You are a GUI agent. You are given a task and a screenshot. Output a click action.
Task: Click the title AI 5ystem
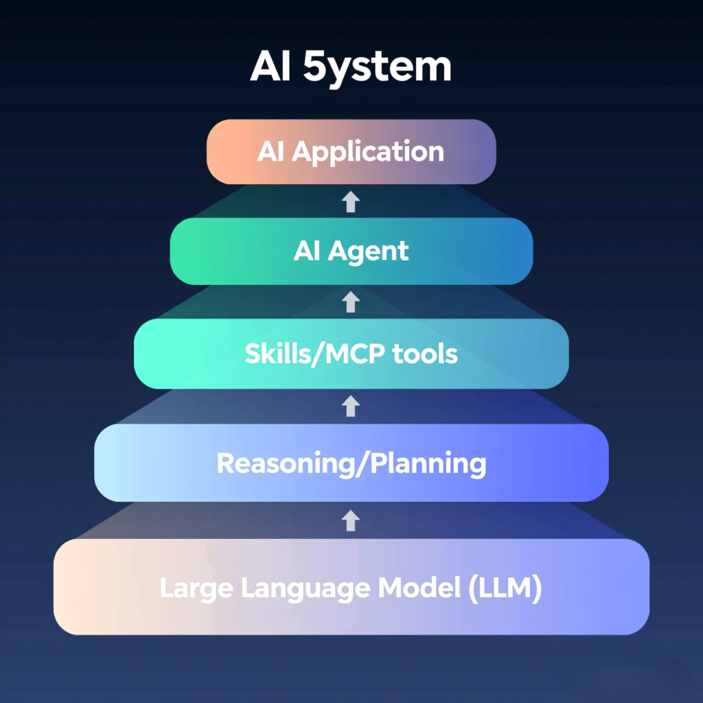coord(351,67)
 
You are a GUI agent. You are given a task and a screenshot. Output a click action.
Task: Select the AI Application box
coord(351,152)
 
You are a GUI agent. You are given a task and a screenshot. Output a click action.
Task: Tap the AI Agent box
coord(351,251)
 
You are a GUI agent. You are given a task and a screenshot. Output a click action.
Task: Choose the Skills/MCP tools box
coord(351,354)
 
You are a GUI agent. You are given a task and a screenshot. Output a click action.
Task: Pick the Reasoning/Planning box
coord(351,463)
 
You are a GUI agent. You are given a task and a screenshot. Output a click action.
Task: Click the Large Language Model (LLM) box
coord(351,587)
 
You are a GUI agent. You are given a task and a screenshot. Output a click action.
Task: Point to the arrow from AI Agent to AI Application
coord(351,201)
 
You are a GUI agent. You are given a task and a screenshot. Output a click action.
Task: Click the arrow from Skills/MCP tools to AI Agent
coord(351,301)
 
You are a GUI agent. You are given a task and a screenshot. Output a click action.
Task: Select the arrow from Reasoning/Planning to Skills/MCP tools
coord(351,406)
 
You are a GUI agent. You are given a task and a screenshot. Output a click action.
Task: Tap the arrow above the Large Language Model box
coord(351,520)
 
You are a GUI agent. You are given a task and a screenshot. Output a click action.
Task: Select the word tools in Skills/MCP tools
coord(425,354)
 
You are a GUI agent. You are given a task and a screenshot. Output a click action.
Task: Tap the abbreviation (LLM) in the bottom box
coord(506,588)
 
